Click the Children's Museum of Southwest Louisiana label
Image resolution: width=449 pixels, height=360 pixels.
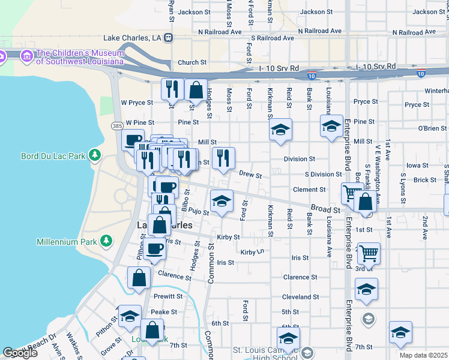[x=79, y=56]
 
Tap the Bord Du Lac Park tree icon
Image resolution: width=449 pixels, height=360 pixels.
[x=94, y=156]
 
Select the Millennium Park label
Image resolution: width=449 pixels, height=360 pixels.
[x=68, y=241]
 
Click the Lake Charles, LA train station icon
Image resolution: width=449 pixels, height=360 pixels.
[x=169, y=38]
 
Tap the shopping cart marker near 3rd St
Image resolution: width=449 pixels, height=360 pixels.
[x=369, y=253]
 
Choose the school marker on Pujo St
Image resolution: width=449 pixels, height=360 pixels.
[x=221, y=200]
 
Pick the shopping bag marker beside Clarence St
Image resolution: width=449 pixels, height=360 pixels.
[x=139, y=278]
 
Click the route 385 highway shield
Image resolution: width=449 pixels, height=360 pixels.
[x=117, y=125]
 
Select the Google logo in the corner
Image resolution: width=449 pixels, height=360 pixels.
[x=20, y=353]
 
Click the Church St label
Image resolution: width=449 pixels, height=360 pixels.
[x=192, y=62]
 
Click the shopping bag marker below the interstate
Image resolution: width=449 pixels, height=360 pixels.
[x=196, y=90]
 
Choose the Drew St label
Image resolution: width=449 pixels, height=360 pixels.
[x=250, y=175]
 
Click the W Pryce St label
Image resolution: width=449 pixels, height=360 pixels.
[x=137, y=103]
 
